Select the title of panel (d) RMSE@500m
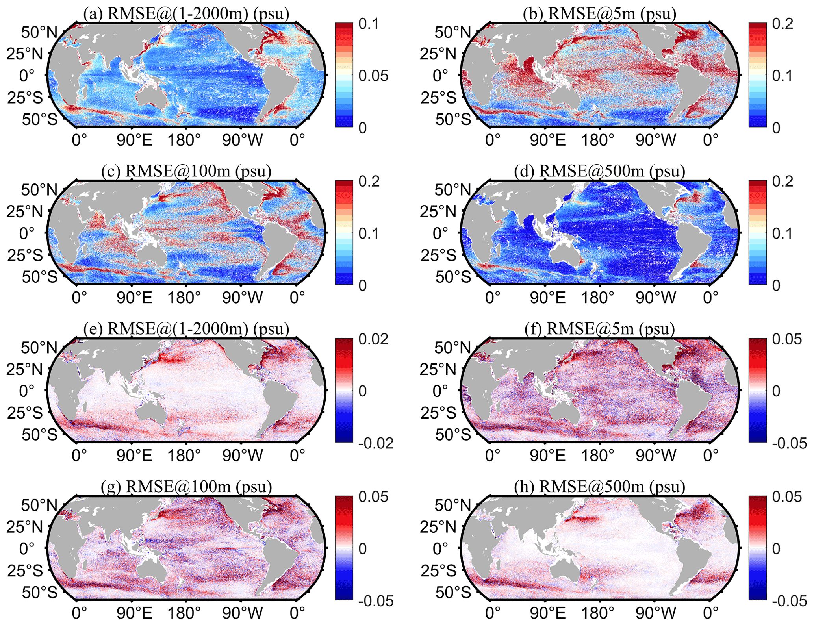[x=600, y=171]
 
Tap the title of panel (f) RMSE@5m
[x=600, y=329]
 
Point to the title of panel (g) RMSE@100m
[x=186, y=487]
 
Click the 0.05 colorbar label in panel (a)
[x=373, y=76]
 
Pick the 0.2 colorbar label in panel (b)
[x=782, y=24]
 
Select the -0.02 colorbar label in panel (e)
[x=376, y=443]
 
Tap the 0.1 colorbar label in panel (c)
[x=369, y=233]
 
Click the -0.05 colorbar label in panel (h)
[x=789, y=601]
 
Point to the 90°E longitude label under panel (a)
[x=134, y=140]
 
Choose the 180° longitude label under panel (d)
[x=597, y=298]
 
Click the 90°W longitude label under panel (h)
[x=655, y=613]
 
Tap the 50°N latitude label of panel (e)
[x=39, y=348]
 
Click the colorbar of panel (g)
[x=344, y=548]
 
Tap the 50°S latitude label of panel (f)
[x=453, y=434]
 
